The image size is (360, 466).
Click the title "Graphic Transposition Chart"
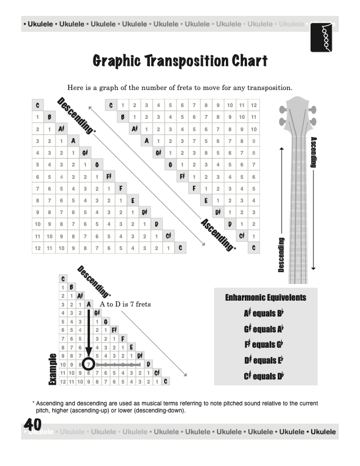click(180, 61)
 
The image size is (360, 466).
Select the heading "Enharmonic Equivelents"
click(265, 298)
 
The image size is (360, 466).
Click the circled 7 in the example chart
click(88, 364)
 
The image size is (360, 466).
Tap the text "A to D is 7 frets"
click(126, 304)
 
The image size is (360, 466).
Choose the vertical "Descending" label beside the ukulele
click(281, 255)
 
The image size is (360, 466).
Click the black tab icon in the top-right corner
click(323, 38)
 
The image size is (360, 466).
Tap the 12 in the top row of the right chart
click(254, 105)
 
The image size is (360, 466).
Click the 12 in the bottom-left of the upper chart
click(37, 248)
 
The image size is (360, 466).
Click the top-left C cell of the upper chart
click(37, 105)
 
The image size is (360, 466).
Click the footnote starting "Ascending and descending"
click(176, 407)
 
